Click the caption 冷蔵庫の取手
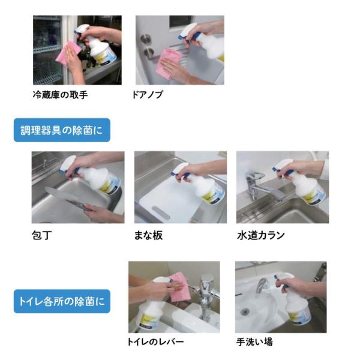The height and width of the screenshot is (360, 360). [x=60, y=95]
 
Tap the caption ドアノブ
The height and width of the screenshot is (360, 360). [x=147, y=95]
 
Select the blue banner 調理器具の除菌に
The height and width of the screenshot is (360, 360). [x=62, y=130]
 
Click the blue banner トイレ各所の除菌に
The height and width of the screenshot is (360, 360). [x=62, y=301]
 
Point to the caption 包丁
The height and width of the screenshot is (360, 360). [x=42, y=235]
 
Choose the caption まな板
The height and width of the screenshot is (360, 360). [x=148, y=235]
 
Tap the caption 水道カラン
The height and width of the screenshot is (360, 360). [x=261, y=235]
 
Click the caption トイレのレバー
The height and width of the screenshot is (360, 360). [x=155, y=342]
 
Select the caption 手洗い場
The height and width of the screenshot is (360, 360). [x=254, y=342]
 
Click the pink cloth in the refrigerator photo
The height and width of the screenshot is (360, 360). [x=68, y=53]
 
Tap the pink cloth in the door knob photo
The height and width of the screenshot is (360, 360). [x=168, y=62]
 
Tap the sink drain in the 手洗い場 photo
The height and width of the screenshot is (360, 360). [x=245, y=311]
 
